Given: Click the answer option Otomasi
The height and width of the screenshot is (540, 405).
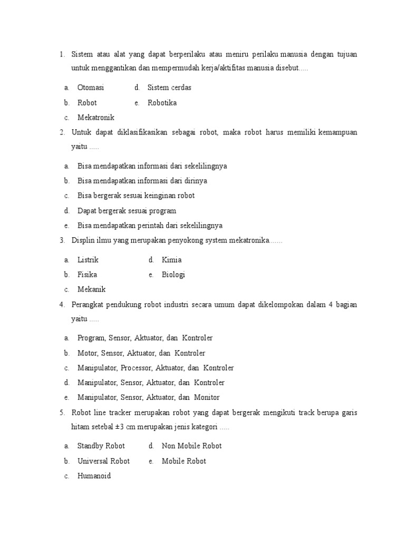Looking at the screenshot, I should coord(91,88).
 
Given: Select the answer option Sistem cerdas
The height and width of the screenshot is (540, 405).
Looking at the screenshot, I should coord(169,88).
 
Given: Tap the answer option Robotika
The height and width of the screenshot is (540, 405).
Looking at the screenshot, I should coord(162,103).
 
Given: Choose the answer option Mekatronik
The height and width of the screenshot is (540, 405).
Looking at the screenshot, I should coord(96,118).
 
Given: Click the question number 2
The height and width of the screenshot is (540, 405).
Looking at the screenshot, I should coord(62,132).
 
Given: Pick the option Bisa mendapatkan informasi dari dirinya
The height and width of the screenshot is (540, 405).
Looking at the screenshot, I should coord(142,181).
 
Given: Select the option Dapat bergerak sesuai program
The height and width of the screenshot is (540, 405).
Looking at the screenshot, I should coord(127,211).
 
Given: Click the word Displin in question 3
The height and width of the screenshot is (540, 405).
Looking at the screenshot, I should coord(83,241).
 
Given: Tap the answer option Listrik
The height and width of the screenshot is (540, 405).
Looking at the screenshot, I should coord(88,260).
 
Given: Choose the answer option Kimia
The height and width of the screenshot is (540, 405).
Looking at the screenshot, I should coord(172,260).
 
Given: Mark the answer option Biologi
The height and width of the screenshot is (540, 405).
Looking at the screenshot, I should coord(173,275).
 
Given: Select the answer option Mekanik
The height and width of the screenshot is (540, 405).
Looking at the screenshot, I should coord(92,290).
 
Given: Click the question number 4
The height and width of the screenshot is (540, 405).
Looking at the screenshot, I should coord(62,305).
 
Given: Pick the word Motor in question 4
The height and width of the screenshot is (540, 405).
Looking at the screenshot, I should coord(88,353).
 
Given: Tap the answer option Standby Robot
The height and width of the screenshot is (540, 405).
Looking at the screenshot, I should coord(101,446).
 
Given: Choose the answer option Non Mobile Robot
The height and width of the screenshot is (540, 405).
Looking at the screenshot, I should coord(192,446).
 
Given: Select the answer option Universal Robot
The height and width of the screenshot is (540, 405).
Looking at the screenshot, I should coord(103,461).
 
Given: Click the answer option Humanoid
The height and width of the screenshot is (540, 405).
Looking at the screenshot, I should coord(94,476).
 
